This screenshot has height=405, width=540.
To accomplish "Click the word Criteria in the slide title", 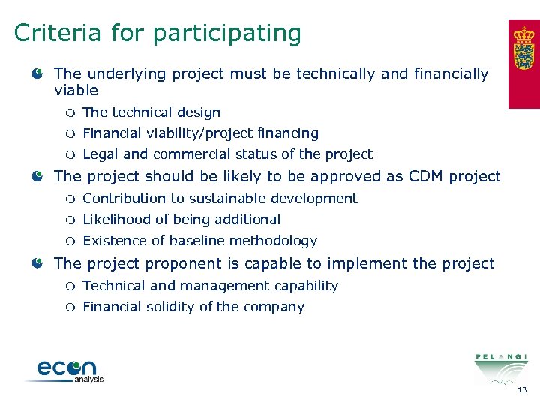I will click(x=57, y=34).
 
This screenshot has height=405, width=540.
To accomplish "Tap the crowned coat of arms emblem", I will click(x=524, y=50).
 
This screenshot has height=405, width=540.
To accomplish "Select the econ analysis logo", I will click(x=67, y=370).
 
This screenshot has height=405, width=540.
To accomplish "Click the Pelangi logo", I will click(x=500, y=367).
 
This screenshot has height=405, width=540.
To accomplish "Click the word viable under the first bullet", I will click(x=76, y=91).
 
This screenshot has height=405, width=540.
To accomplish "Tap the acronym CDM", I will click(x=427, y=176).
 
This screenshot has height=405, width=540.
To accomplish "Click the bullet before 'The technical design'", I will click(x=70, y=113).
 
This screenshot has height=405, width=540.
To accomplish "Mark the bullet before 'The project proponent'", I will click(x=37, y=263).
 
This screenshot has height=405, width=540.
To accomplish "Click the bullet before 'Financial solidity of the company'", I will click(x=70, y=307).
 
